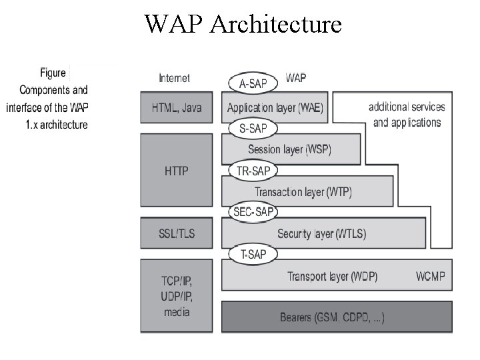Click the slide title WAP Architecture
pos(243,25)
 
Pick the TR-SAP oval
pos(253,171)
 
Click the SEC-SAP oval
pos(253,212)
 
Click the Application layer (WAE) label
pos(275,107)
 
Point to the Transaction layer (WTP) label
pos(303,192)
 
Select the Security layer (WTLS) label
pos(321,233)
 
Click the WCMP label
pos(430,275)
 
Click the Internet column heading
pos(174,78)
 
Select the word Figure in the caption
pos(53,73)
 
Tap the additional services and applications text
pos(407,114)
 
